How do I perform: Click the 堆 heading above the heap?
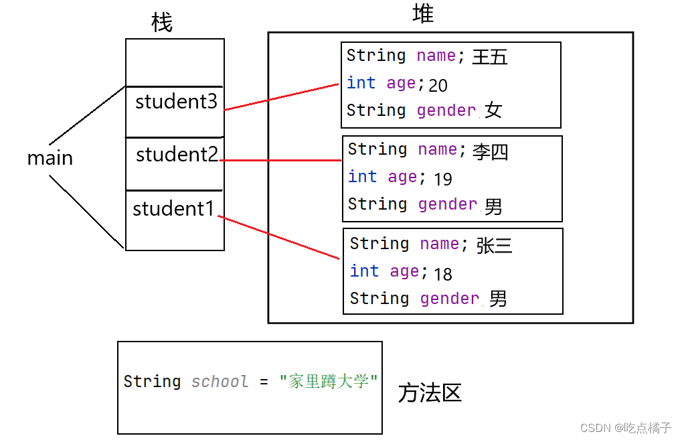(x=423, y=14)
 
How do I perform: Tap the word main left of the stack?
(x=50, y=158)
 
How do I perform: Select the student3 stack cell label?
(x=176, y=102)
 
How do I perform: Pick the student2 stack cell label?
(x=177, y=155)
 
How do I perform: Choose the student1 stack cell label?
(x=173, y=209)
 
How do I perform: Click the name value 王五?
(x=490, y=57)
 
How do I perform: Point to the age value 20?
(x=438, y=85)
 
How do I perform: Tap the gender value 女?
(x=493, y=111)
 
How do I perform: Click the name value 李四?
(x=491, y=151)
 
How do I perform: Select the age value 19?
(x=442, y=179)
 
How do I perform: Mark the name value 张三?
(x=495, y=246)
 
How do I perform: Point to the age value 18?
(x=442, y=274)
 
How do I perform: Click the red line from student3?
(x=281, y=97)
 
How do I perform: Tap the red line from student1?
(x=278, y=237)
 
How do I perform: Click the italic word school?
(x=220, y=382)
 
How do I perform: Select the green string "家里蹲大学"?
(x=329, y=382)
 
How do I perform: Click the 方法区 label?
(x=430, y=392)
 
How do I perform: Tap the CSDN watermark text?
(x=625, y=428)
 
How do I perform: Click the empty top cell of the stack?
(x=175, y=62)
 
